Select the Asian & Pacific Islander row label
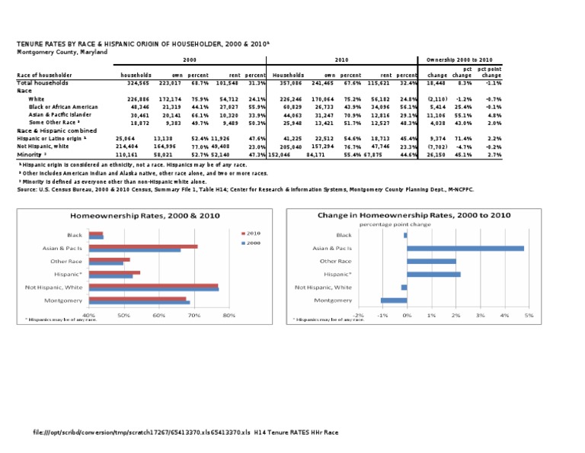(x=59, y=114)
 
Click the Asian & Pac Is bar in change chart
(x=465, y=248)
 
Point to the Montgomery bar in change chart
(x=394, y=300)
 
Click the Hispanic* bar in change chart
(x=433, y=274)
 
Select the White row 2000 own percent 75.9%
(x=199, y=98)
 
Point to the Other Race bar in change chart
(x=431, y=261)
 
